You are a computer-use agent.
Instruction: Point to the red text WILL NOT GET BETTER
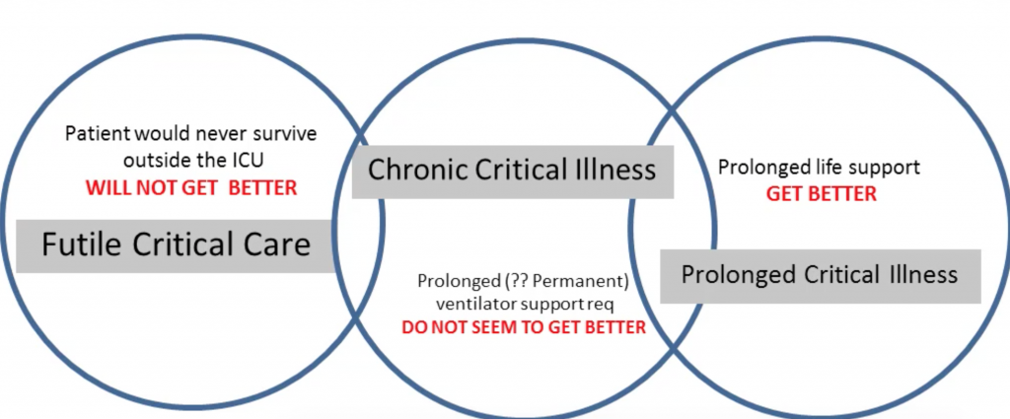pyautogui.click(x=191, y=188)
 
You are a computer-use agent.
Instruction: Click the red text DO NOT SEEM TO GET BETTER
pyautogui.click(x=523, y=327)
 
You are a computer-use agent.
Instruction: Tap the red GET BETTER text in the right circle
pyautogui.click(x=822, y=194)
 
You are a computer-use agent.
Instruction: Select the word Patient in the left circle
pyautogui.click(x=98, y=134)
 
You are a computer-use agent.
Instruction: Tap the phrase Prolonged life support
pyautogui.click(x=819, y=168)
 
